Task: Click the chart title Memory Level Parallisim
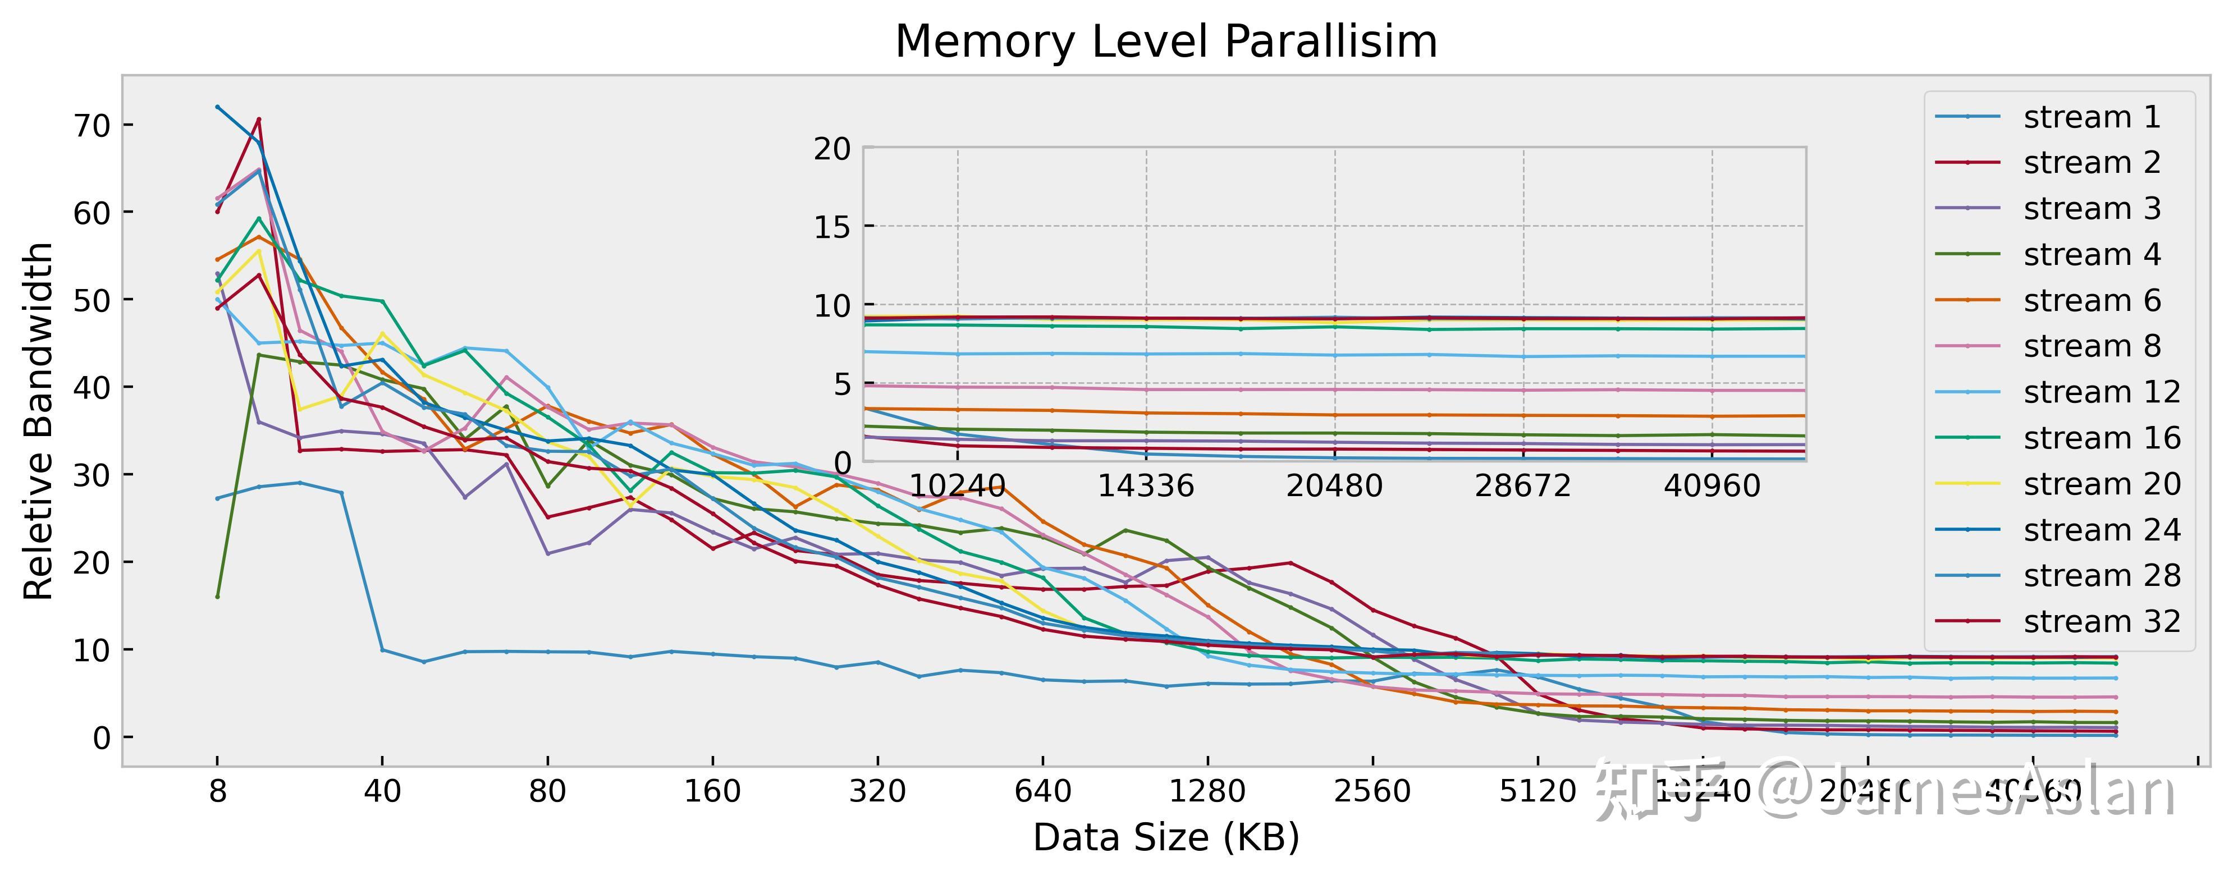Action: tap(1166, 42)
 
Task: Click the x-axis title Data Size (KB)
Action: tap(1166, 837)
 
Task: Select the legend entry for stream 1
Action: tap(2092, 117)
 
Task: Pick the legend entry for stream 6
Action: tap(2092, 301)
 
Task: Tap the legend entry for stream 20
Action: tap(2101, 484)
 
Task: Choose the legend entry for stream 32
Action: tap(2101, 622)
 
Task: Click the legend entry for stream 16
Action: tap(2101, 438)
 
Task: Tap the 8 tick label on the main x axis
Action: tap(218, 791)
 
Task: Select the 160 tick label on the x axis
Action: tap(712, 791)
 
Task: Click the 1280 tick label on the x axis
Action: tap(1207, 791)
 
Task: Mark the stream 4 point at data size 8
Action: tap(218, 597)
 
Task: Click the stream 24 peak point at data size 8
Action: tap(218, 107)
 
